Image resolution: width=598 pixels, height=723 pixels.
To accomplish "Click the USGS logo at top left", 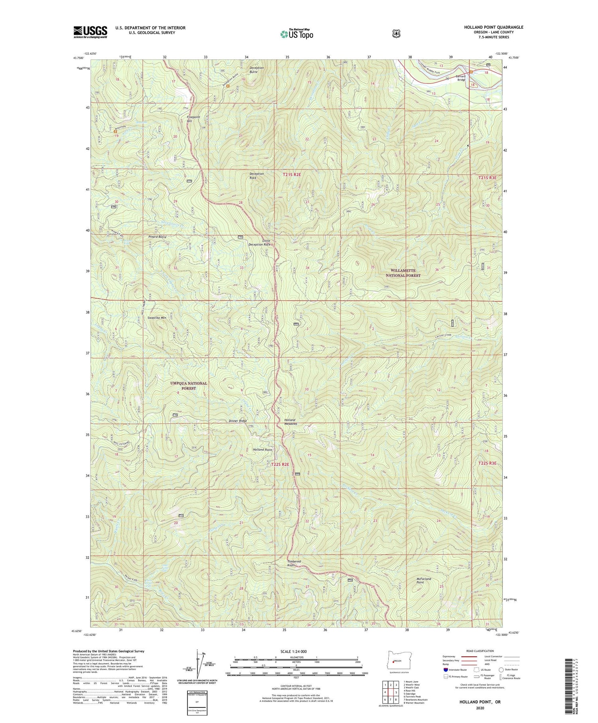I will (90, 32).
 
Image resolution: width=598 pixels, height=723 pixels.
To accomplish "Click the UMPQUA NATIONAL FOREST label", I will (189, 385).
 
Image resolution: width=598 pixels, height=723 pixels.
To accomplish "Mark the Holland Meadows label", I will (290, 422).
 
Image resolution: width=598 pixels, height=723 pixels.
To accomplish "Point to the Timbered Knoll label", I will (294, 563).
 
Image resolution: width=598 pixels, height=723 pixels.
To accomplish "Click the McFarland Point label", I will (424, 581).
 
